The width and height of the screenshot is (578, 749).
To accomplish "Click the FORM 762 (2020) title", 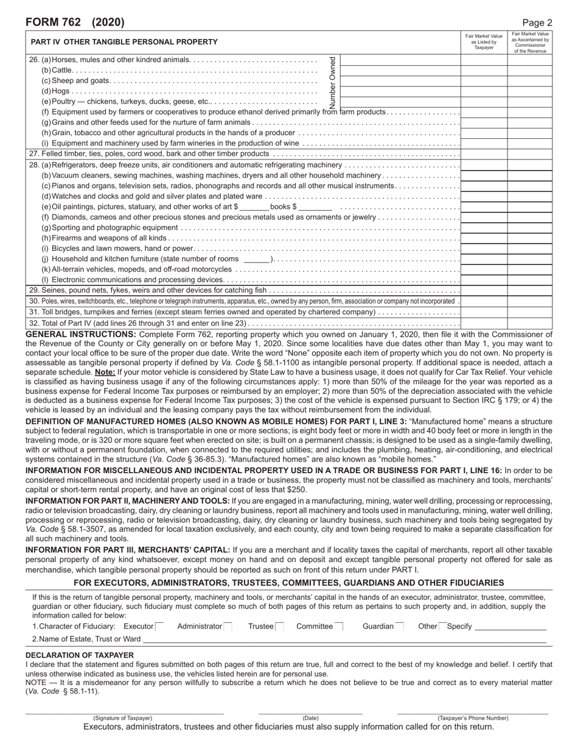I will (x=75, y=23).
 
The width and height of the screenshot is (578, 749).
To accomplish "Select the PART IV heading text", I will (x=124, y=42).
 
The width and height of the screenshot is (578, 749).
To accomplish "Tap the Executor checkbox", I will (x=159, y=627).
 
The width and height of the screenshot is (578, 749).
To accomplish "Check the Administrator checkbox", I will (x=228, y=627).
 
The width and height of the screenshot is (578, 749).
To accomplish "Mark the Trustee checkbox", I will (x=280, y=627).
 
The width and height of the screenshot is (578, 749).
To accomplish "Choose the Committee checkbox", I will (x=339, y=627).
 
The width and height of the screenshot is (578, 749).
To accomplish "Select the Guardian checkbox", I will (x=400, y=627).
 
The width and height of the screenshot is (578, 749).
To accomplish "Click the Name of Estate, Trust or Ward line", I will (x=344, y=639).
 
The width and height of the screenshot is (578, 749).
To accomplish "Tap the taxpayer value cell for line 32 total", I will (x=484, y=323).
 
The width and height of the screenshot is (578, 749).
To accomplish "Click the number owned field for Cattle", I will (x=400, y=70).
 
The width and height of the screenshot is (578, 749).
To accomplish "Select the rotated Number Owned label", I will (x=332, y=82).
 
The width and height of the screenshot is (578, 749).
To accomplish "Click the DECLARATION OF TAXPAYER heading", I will (x=80, y=655).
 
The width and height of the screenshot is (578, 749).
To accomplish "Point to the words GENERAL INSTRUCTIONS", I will (x=81, y=334).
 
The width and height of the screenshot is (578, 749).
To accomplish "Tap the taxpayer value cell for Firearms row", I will (x=484, y=237).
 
